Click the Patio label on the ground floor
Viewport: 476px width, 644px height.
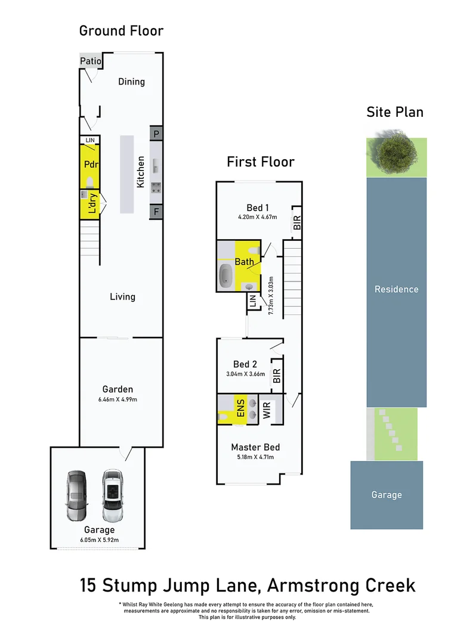pyautogui.click(x=91, y=61)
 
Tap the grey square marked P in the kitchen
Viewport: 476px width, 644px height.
pyautogui.click(x=156, y=134)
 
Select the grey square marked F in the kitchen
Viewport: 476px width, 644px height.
pyautogui.click(x=156, y=211)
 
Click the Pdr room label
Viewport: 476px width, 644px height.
pyautogui.click(x=91, y=165)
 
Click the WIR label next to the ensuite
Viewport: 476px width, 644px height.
pyautogui.click(x=267, y=410)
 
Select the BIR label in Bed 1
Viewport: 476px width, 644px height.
pyautogui.click(x=296, y=223)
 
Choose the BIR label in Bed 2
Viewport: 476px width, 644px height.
pyautogui.click(x=276, y=376)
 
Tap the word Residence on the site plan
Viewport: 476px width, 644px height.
pyautogui.click(x=396, y=289)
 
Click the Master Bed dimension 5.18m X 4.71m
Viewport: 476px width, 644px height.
pyautogui.click(x=255, y=457)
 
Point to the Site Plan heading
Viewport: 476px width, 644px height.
pyautogui.click(x=395, y=112)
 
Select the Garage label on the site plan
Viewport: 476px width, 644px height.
pyautogui.click(x=387, y=495)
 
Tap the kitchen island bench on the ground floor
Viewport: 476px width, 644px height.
pyautogui.click(x=127, y=174)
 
